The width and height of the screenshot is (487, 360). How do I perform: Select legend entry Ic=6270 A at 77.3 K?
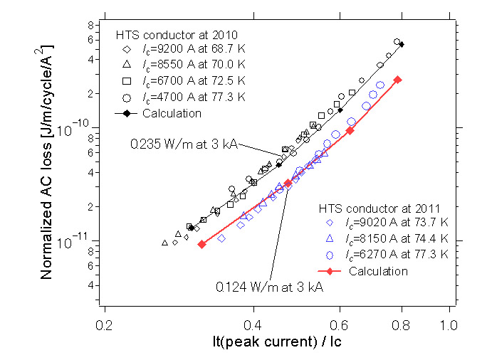click(397, 255)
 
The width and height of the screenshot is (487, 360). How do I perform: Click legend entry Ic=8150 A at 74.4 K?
click(397, 239)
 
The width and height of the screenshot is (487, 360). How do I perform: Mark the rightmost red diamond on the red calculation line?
click(398, 79)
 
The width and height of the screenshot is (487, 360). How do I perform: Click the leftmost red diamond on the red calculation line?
click(201, 244)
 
